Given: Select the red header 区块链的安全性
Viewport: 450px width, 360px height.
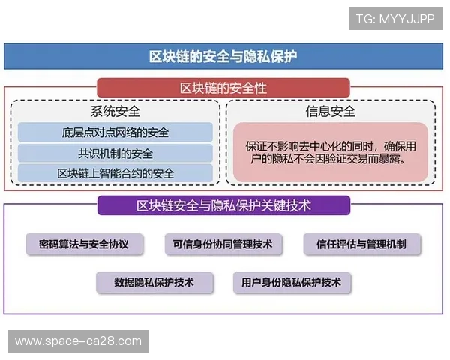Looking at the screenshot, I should (x=223, y=88).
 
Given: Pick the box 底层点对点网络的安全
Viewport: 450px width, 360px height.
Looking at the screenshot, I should (x=115, y=133).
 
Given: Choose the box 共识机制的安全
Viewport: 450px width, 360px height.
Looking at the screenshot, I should (x=115, y=154).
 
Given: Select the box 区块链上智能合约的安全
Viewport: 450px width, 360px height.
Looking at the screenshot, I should (x=115, y=174).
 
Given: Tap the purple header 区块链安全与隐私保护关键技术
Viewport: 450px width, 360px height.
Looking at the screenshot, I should (x=223, y=205).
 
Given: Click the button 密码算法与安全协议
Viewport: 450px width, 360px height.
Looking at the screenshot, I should (x=84, y=244).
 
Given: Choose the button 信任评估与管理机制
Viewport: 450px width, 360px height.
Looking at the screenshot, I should (x=362, y=244).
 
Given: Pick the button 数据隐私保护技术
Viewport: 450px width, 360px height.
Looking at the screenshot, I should (x=154, y=283).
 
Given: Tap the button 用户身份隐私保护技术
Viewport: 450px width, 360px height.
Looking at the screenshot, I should (x=292, y=283).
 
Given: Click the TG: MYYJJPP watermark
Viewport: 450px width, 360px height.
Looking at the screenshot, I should (x=395, y=18).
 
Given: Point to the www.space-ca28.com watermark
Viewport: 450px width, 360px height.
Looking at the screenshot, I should (x=78, y=341).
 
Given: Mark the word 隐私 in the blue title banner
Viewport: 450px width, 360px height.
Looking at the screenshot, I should (x=257, y=57).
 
